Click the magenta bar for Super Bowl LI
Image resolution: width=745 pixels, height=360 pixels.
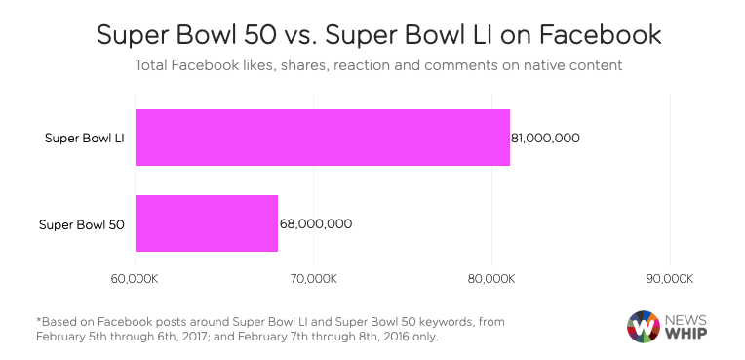322,138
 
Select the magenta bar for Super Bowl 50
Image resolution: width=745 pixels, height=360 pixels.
206,223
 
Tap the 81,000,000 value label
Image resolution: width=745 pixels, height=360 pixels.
545,138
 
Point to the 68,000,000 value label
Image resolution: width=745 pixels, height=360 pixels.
315,223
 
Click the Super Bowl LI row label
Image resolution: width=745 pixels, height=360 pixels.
85,138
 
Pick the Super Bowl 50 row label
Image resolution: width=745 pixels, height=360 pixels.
82,223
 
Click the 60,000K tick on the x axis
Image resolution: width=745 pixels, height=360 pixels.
135,279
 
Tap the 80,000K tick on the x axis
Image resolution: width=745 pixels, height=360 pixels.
490,279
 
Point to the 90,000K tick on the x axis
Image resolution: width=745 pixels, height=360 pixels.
668,279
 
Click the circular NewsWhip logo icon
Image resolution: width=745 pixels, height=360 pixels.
644,326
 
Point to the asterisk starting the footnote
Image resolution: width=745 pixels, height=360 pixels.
39,319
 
